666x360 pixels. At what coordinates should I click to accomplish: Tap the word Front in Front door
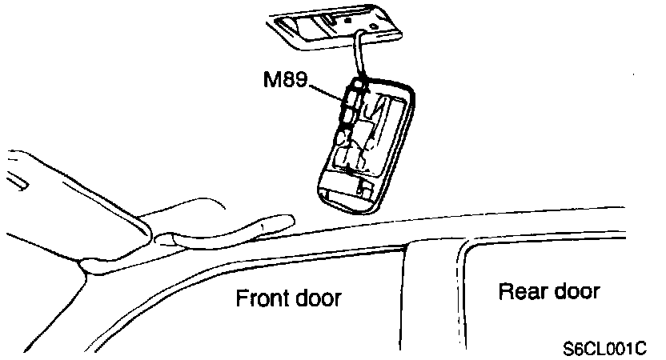point(258,299)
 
